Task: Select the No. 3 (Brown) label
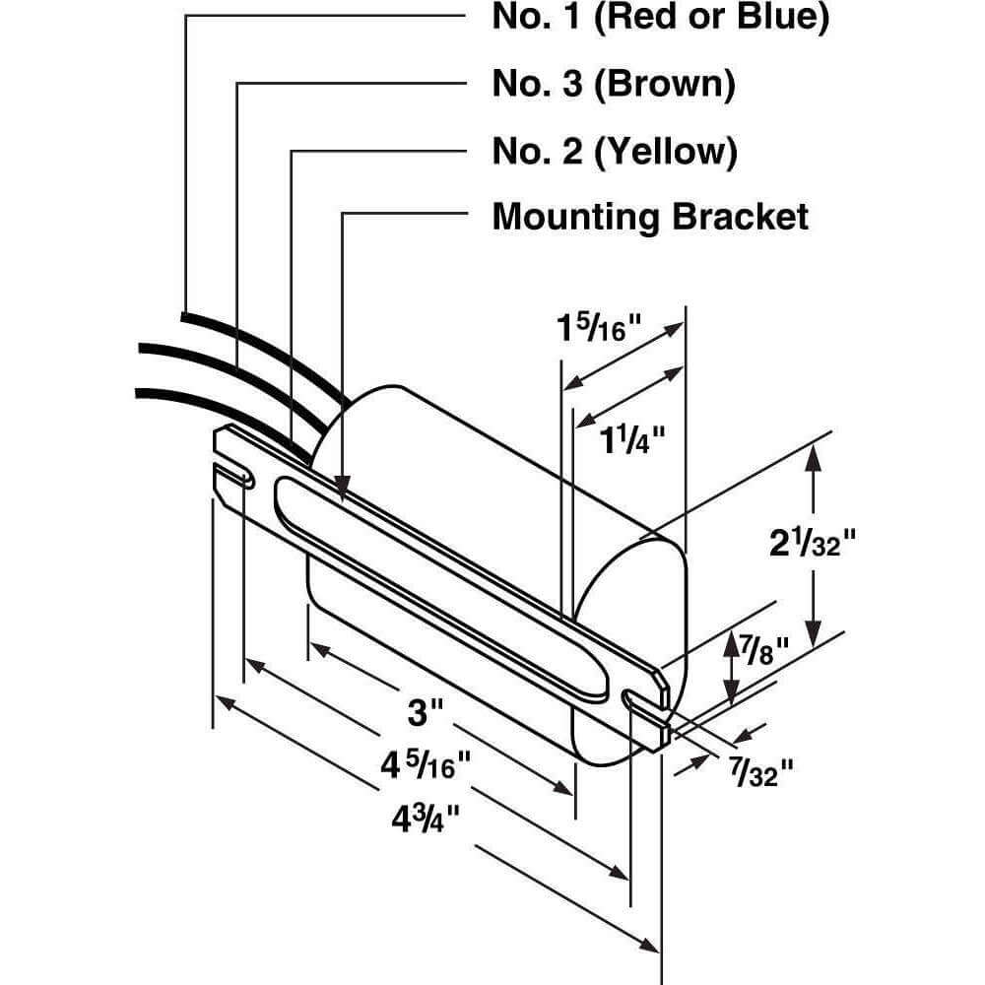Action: [613, 85]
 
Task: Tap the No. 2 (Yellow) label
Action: [614, 152]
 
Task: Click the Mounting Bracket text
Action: [650, 217]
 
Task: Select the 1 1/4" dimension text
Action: [627, 436]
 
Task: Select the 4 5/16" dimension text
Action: [420, 765]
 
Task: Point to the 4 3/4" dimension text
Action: [415, 821]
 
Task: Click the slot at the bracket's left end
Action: [235, 477]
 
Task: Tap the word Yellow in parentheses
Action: [669, 152]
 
